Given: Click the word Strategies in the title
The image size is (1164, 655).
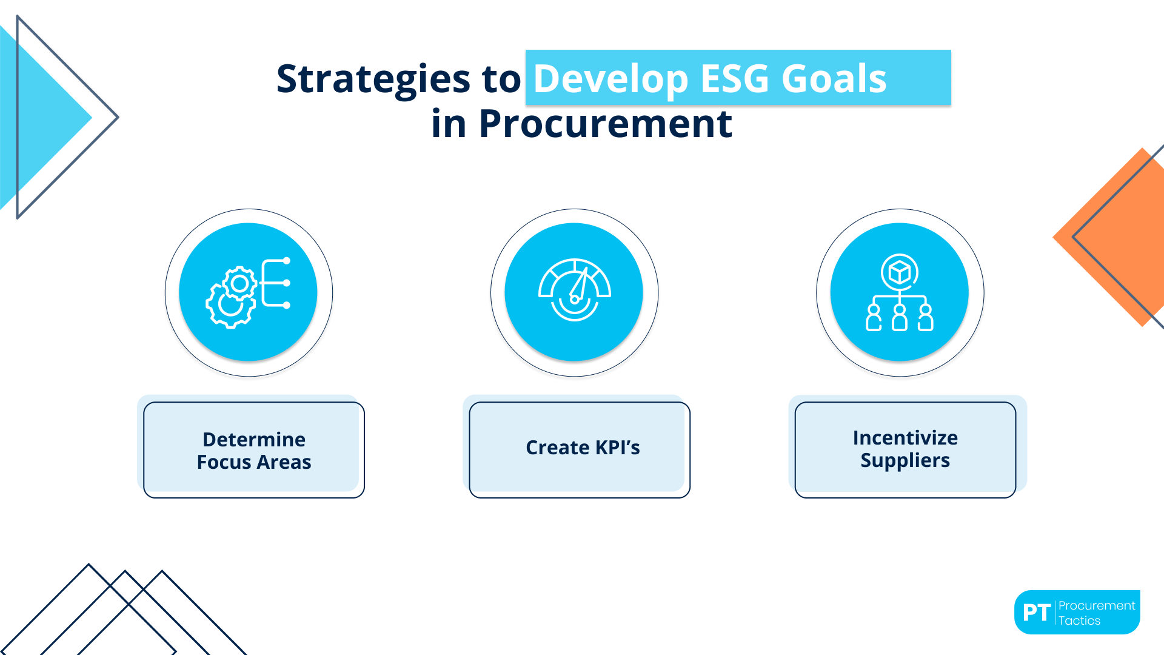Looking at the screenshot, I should pyautogui.click(x=373, y=79).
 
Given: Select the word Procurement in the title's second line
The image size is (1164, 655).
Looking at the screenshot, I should pyautogui.click(x=605, y=124).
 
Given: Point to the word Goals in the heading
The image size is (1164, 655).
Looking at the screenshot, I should pyautogui.click(x=834, y=79).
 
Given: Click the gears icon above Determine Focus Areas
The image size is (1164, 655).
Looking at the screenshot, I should pyautogui.click(x=248, y=293).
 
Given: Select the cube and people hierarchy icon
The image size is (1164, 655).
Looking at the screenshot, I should pyautogui.click(x=900, y=293).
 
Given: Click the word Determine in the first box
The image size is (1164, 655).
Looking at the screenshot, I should pyautogui.click(x=253, y=439).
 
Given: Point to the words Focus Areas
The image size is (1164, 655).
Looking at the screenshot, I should pyautogui.click(x=253, y=462).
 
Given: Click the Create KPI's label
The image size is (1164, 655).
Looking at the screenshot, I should pyautogui.click(x=582, y=448).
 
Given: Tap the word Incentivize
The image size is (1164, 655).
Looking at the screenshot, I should pyautogui.click(x=905, y=437).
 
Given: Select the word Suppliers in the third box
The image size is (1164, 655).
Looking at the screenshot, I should pyautogui.click(x=905, y=460).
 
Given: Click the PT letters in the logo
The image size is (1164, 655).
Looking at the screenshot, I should pyautogui.click(x=1036, y=613).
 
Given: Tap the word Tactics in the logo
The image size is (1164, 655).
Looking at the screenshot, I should pyautogui.click(x=1079, y=620).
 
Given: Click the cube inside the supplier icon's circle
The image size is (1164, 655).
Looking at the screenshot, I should pyautogui.click(x=900, y=272).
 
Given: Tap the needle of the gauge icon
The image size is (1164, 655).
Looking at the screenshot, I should pyautogui.click(x=580, y=284).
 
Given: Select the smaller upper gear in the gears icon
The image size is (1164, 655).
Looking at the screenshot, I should pyautogui.click(x=239, y=283).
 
